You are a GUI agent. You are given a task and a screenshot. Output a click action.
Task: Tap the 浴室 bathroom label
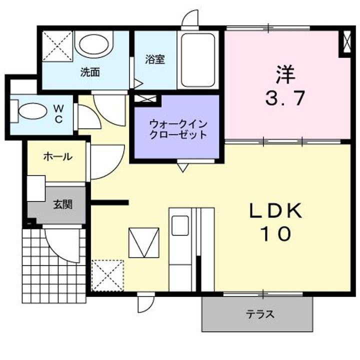(155, 59)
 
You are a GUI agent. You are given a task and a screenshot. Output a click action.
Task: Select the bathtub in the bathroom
(198, 60)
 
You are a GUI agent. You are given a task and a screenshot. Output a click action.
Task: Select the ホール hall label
(57, 157)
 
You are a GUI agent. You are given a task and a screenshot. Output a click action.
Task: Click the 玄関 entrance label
(63, 204)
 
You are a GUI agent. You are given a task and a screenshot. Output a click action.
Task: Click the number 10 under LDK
(275, 234)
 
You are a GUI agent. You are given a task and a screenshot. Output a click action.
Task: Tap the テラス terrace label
(259, 314)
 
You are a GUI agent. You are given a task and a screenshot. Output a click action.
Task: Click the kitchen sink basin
(180, 224)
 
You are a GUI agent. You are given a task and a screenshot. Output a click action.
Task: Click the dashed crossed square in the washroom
(56, 46)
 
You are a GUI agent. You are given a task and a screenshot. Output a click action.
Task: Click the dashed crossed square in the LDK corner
(107, 275)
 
